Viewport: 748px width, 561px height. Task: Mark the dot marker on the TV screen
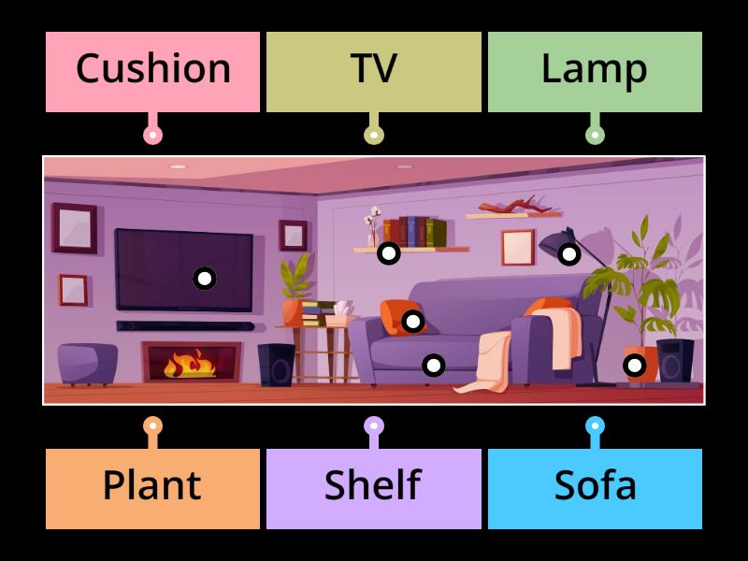(204, 278)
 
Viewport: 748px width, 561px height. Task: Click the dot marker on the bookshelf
(388, 252)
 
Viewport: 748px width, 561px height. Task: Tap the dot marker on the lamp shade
(568, 253)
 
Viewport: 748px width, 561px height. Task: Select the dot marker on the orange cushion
(412, 322)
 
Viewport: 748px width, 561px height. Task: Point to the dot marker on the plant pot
(635, 365)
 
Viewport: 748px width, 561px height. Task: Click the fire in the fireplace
(190, 363)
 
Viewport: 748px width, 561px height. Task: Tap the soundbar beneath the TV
(184, 326)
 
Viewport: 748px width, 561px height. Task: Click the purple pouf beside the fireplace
(88, 363)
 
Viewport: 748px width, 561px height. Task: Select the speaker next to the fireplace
(276, 365)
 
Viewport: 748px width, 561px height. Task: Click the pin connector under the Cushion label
(152, 135)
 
